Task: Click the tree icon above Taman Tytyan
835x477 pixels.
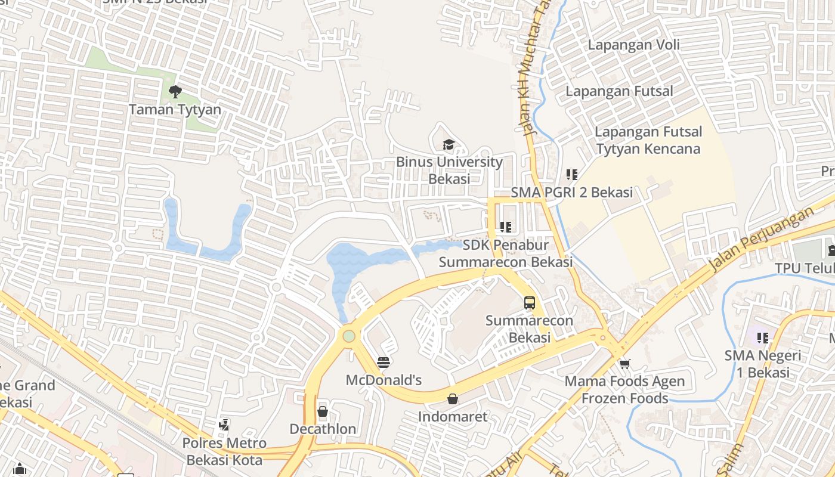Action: tap(175, 91)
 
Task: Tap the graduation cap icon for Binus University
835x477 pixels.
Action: tap(449, 144)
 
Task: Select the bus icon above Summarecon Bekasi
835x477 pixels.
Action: tap(529, 302)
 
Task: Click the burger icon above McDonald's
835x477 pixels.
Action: tap(384, 362)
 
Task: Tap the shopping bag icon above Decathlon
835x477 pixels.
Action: tap(323, 411)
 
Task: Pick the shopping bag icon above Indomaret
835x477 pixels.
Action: tap(453, 398)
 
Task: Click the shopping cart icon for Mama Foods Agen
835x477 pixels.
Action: tap(624, 363)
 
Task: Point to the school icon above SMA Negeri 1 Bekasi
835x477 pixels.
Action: tap(762, 338)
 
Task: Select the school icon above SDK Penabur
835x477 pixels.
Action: tap(506, 227)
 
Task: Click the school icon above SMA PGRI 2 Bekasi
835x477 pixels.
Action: tap(572, 175)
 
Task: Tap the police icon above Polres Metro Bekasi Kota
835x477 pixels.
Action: tap(224, 425)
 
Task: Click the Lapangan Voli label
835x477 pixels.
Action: tap(633, 45)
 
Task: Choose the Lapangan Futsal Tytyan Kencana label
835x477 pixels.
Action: tap(648, 140)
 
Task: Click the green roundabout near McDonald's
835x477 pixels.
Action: tap(349, 336)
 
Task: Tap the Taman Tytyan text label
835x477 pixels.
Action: tap(175, 110)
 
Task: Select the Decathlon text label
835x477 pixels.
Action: tap(323, 429)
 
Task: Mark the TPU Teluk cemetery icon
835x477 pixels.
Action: tap(831, 249)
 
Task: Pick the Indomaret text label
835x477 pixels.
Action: tap(453, 416)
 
